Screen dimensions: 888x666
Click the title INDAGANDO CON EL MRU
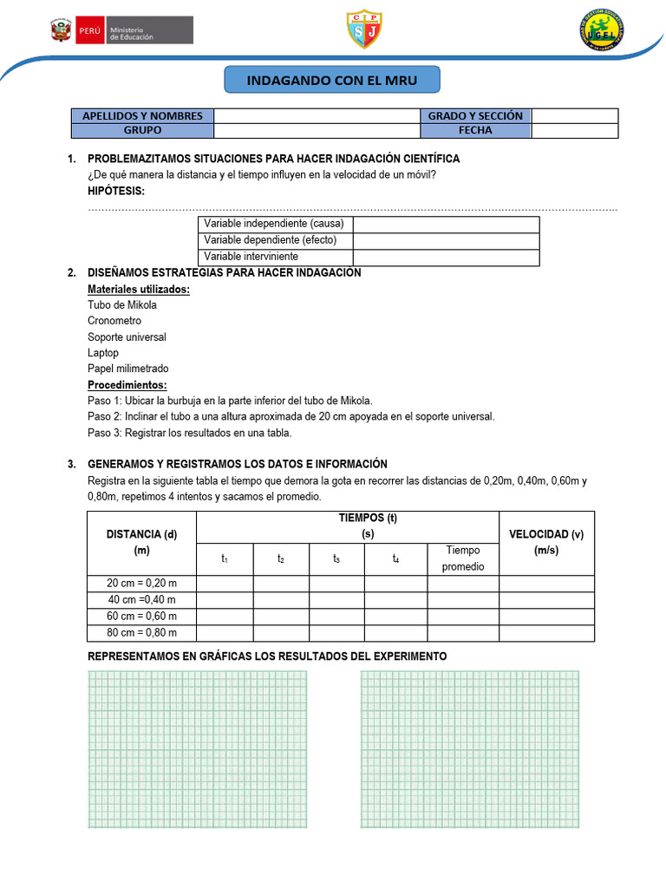[332, 81]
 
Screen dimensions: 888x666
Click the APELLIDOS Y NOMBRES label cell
[142, 116]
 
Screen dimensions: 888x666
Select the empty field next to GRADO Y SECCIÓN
[574, 116]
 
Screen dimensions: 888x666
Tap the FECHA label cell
[475, 131]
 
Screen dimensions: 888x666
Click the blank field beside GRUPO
[317, 131]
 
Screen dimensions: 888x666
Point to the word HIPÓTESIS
[116, 191]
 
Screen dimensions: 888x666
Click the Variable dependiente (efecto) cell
[276, 240]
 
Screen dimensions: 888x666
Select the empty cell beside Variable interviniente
[446, 257]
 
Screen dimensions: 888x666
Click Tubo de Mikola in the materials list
[122, 305]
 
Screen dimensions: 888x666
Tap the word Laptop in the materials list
[103, 353]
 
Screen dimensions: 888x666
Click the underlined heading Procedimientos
[127, 385]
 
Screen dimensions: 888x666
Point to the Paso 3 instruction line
[190, 433]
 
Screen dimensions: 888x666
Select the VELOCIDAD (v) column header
[546, 542]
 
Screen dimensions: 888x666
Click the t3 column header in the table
[336, 559]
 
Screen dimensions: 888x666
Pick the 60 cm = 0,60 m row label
[142, 616]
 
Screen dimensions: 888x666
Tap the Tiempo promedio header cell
[463, 558]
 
